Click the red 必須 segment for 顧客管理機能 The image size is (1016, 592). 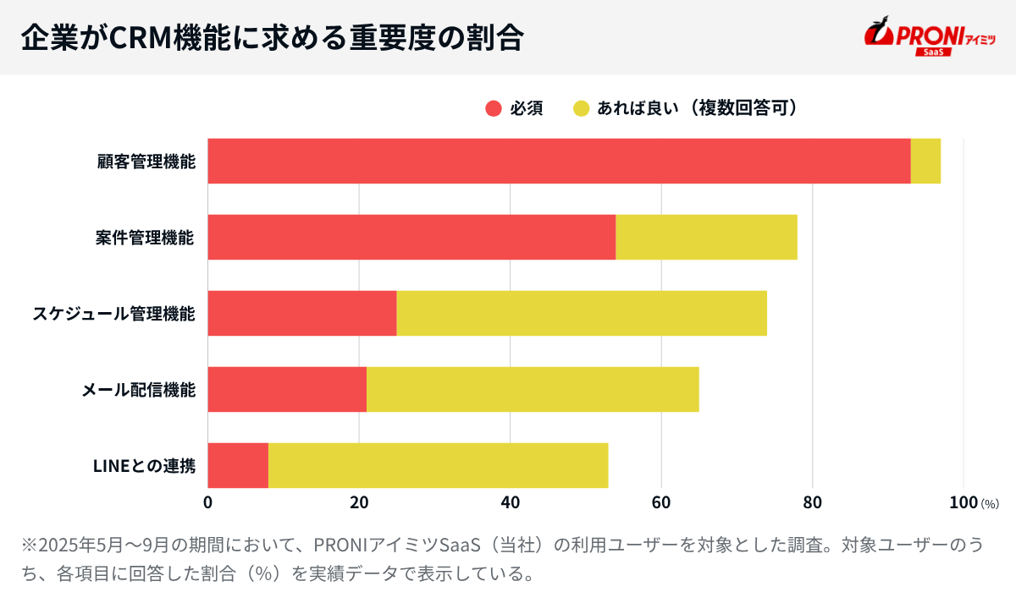click(559, 161)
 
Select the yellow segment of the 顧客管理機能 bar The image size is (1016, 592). click(925, 161)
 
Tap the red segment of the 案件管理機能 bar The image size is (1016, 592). click(411, 237)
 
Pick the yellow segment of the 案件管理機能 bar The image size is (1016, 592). click(706, 237)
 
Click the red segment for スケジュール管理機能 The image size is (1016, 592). click(302, 313)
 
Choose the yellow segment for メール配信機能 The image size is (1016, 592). click(533, 389)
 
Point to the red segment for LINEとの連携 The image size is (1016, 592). click(238, 465)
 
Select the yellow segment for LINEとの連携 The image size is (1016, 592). click(438, 465)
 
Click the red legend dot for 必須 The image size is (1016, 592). click(494, 108)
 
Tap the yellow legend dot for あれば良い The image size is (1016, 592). click(581, 108)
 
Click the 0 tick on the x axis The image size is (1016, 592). click(208, 502)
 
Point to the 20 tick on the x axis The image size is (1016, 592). click(359, 502)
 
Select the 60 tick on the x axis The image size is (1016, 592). click(661, 502)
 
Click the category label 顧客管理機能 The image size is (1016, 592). click(146, 162)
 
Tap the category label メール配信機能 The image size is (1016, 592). click(139, 390)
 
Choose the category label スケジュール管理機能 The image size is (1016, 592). click(114, 314)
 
